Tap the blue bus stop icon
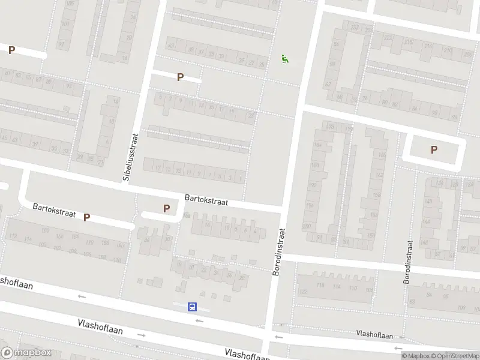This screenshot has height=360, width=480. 193,307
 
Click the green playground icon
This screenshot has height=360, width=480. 284,59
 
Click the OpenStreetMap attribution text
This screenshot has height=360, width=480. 455,356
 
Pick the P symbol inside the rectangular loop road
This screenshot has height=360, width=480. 434,150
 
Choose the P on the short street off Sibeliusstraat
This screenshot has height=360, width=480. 179,77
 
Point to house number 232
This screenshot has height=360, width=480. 354,27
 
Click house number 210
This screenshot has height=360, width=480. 447,50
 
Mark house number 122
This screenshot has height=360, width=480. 303,292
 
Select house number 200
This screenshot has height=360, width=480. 307,226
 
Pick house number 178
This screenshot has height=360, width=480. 329,127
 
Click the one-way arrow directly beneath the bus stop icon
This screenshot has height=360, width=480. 199,321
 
